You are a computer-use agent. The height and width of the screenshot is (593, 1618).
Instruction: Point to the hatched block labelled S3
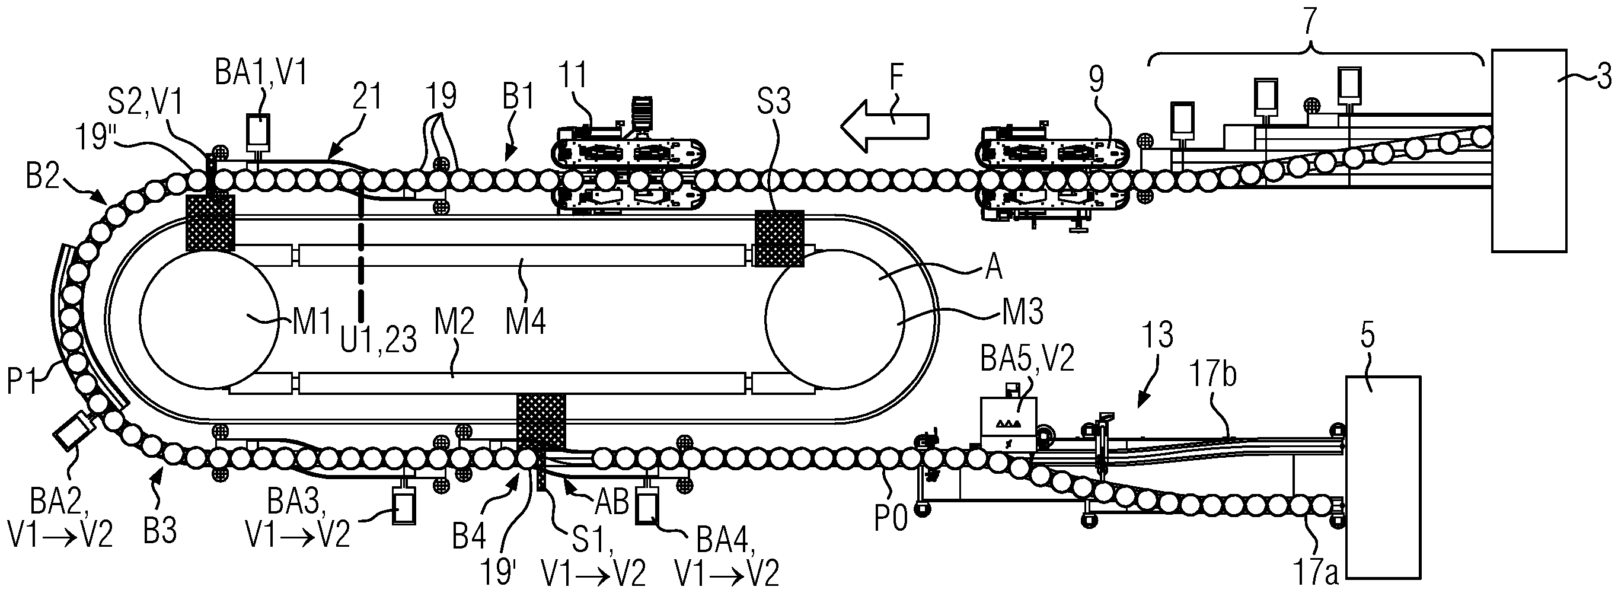tap(779, 238)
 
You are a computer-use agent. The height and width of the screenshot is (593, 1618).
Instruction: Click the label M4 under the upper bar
tap(526, 324)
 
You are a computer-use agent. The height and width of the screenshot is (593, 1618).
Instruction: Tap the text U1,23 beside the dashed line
tap(379, 340)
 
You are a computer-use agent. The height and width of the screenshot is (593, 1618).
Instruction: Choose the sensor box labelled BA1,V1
tap(258, 131)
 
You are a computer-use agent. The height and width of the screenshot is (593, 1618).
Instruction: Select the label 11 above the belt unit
tap(572, 76)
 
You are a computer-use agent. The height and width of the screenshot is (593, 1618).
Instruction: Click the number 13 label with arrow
tap(1157, 336)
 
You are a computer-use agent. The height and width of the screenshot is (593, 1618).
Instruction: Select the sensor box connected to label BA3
tap(403, 506)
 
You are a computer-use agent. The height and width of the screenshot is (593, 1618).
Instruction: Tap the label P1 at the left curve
tap(23, 381)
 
